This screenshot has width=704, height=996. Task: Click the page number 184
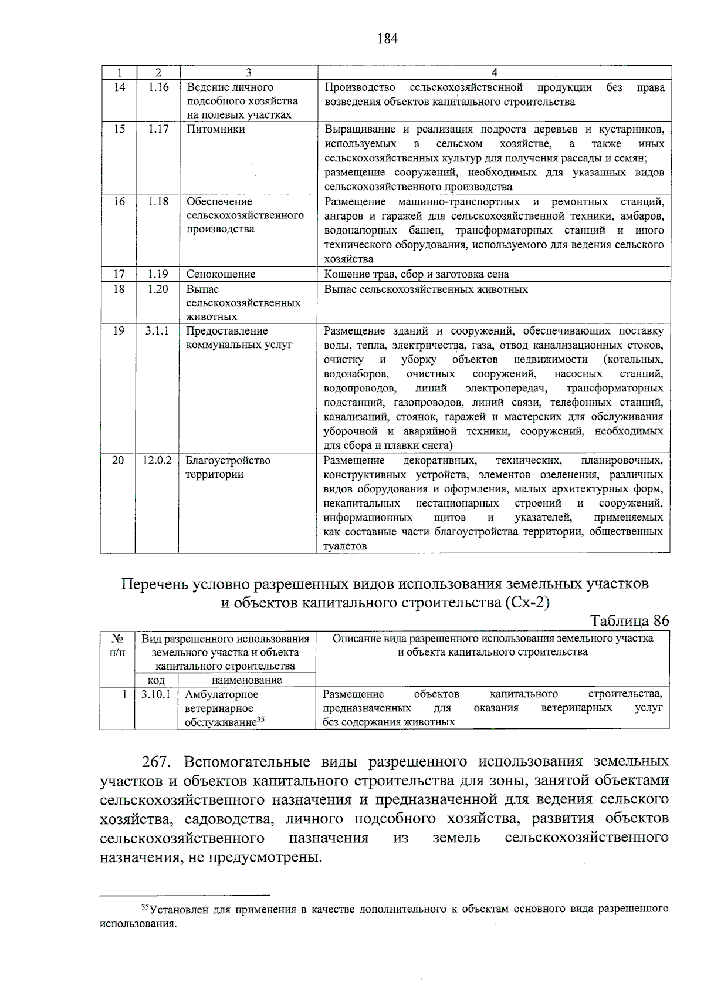pyautogui.click(x=387, y=39)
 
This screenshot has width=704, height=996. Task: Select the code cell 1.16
pyautogui.click(x=158, y=87)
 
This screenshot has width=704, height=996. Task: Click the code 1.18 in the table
pyautogui.click(x=158, y=202)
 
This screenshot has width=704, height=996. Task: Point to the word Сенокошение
pyautogui.click(x=221, y=274)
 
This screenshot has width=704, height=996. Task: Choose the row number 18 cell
pyautogui.click(x=119, y=289)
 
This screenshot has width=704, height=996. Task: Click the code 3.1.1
pyautogui.click(x=157, y=331)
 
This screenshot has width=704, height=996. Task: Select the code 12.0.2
pyautogui.click(x=157, y=461)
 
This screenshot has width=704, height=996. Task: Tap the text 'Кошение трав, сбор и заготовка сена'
pyautogui.click(x=417, y=274)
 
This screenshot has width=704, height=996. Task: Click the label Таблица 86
pyautogui.click(x=629, y=621)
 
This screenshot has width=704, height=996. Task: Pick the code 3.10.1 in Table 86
pyautogui.click(x=156, y=694)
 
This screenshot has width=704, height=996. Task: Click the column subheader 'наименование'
pyautogui.click(x=246, y=680)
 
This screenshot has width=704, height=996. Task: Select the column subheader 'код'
pyautogui.click(x=156, y=680)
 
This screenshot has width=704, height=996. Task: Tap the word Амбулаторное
pyautogui.click(x=222, y=694)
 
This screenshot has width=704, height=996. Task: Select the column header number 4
pyautogui.click(x=495, y=72)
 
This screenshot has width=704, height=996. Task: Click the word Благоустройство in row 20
pyautogui.click(x=228, y=461)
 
